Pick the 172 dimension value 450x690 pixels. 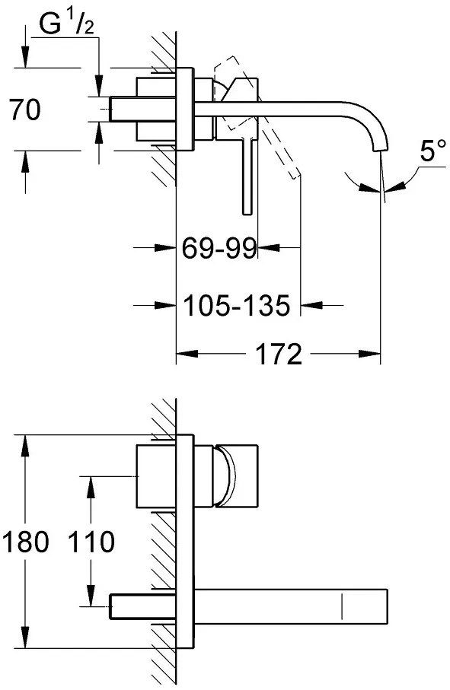point(279,354)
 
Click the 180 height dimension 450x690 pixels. point(25,542)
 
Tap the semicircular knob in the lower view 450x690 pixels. point(226,477)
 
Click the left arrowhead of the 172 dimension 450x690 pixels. point(186,354)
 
